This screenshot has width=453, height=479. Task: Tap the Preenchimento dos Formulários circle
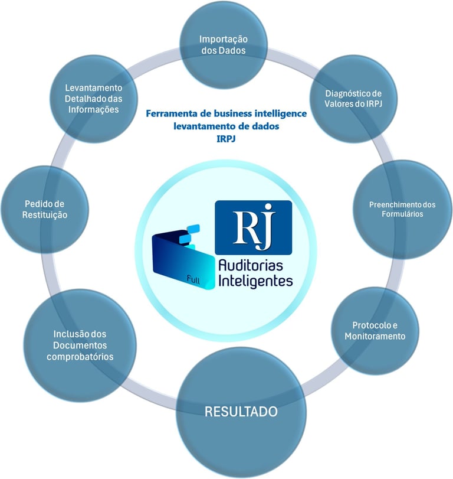coord(402,208)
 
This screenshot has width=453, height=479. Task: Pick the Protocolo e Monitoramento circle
coord(378,331)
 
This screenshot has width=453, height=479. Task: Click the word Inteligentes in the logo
coord(255,281)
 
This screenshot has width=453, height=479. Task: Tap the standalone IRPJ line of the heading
coord(226,139)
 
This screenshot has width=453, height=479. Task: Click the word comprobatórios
coord(79,357)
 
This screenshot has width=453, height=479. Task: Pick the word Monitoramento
coord(378,336)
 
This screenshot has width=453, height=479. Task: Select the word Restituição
coord(42,215)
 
